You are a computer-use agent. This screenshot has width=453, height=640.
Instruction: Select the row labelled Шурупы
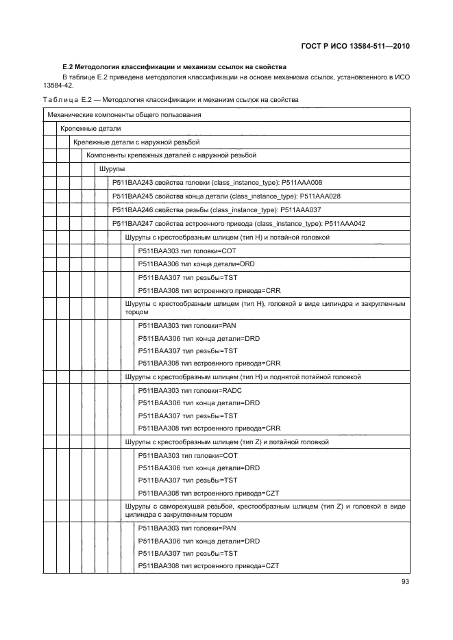112,168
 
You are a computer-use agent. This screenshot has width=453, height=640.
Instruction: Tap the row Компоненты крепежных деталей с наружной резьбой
171,155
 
